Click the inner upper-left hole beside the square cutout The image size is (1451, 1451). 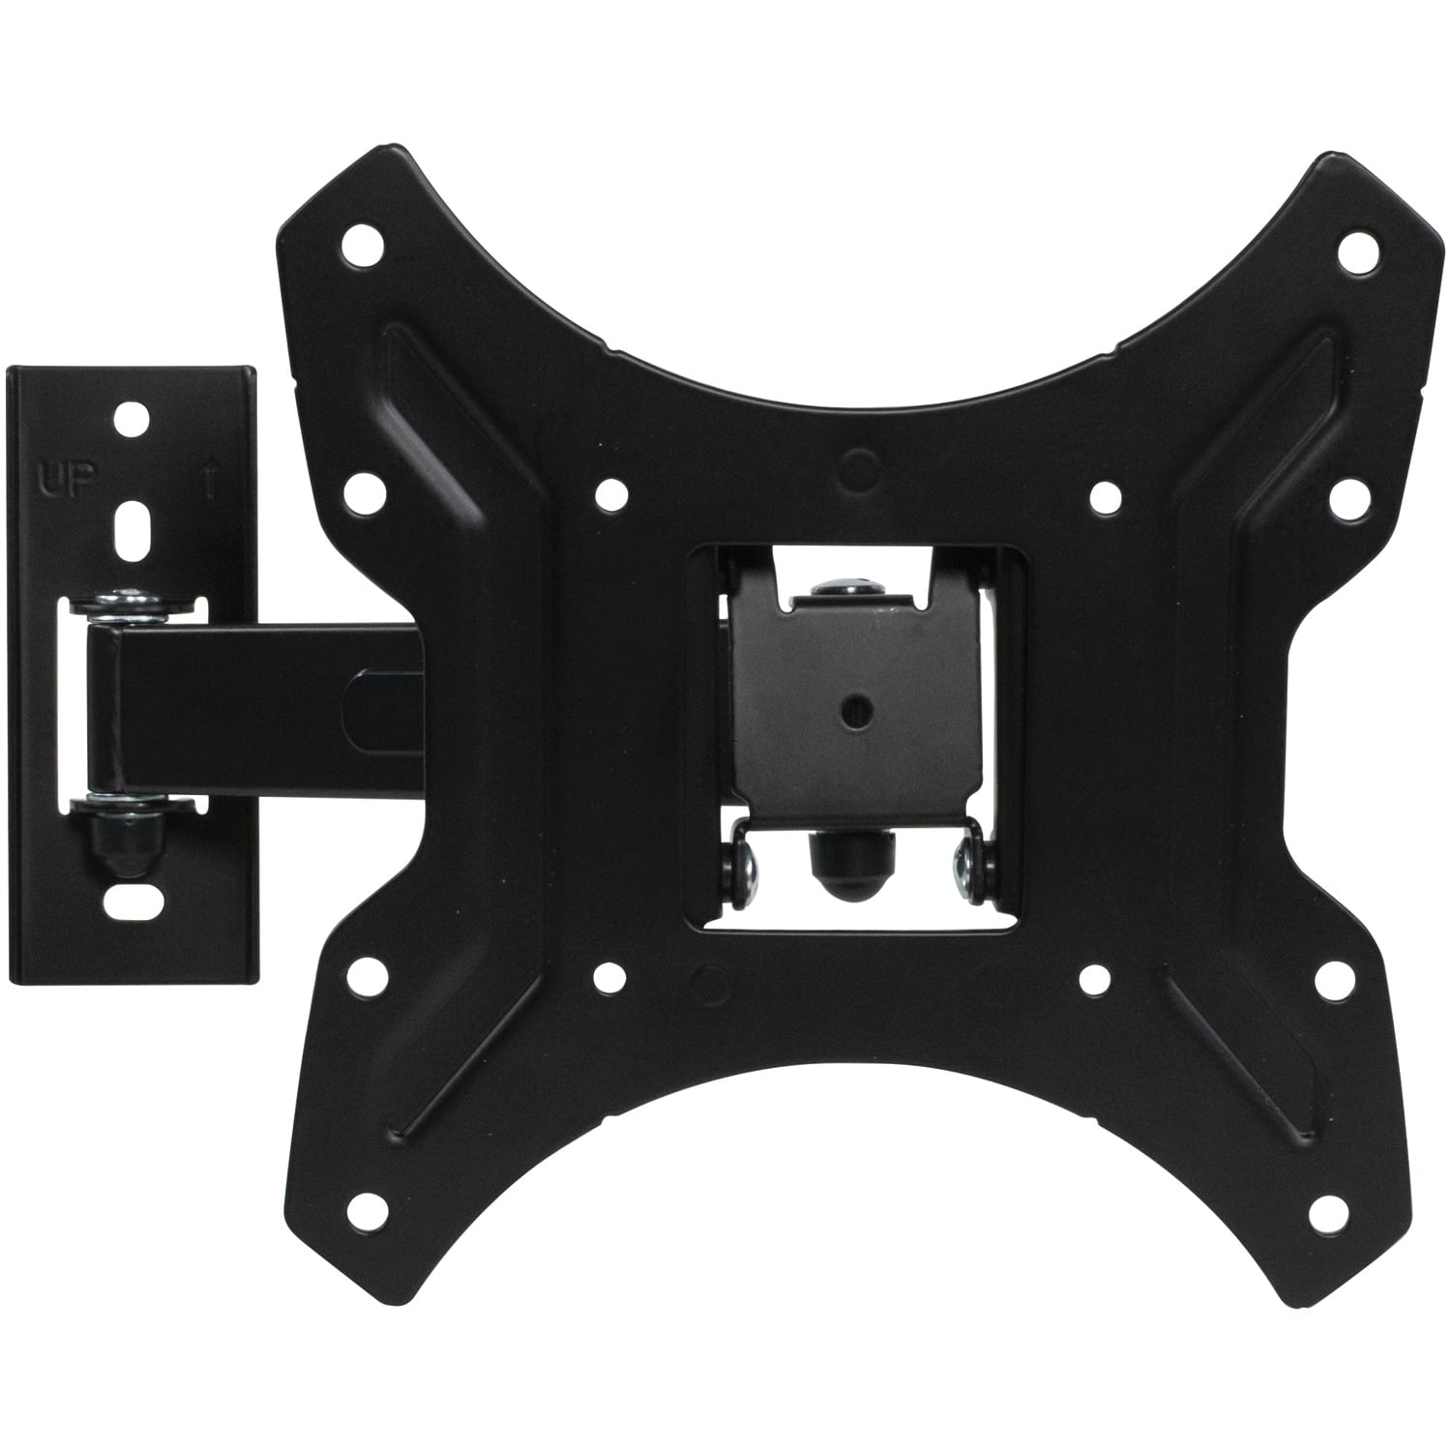pyautogui.click(x=609, y=494)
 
